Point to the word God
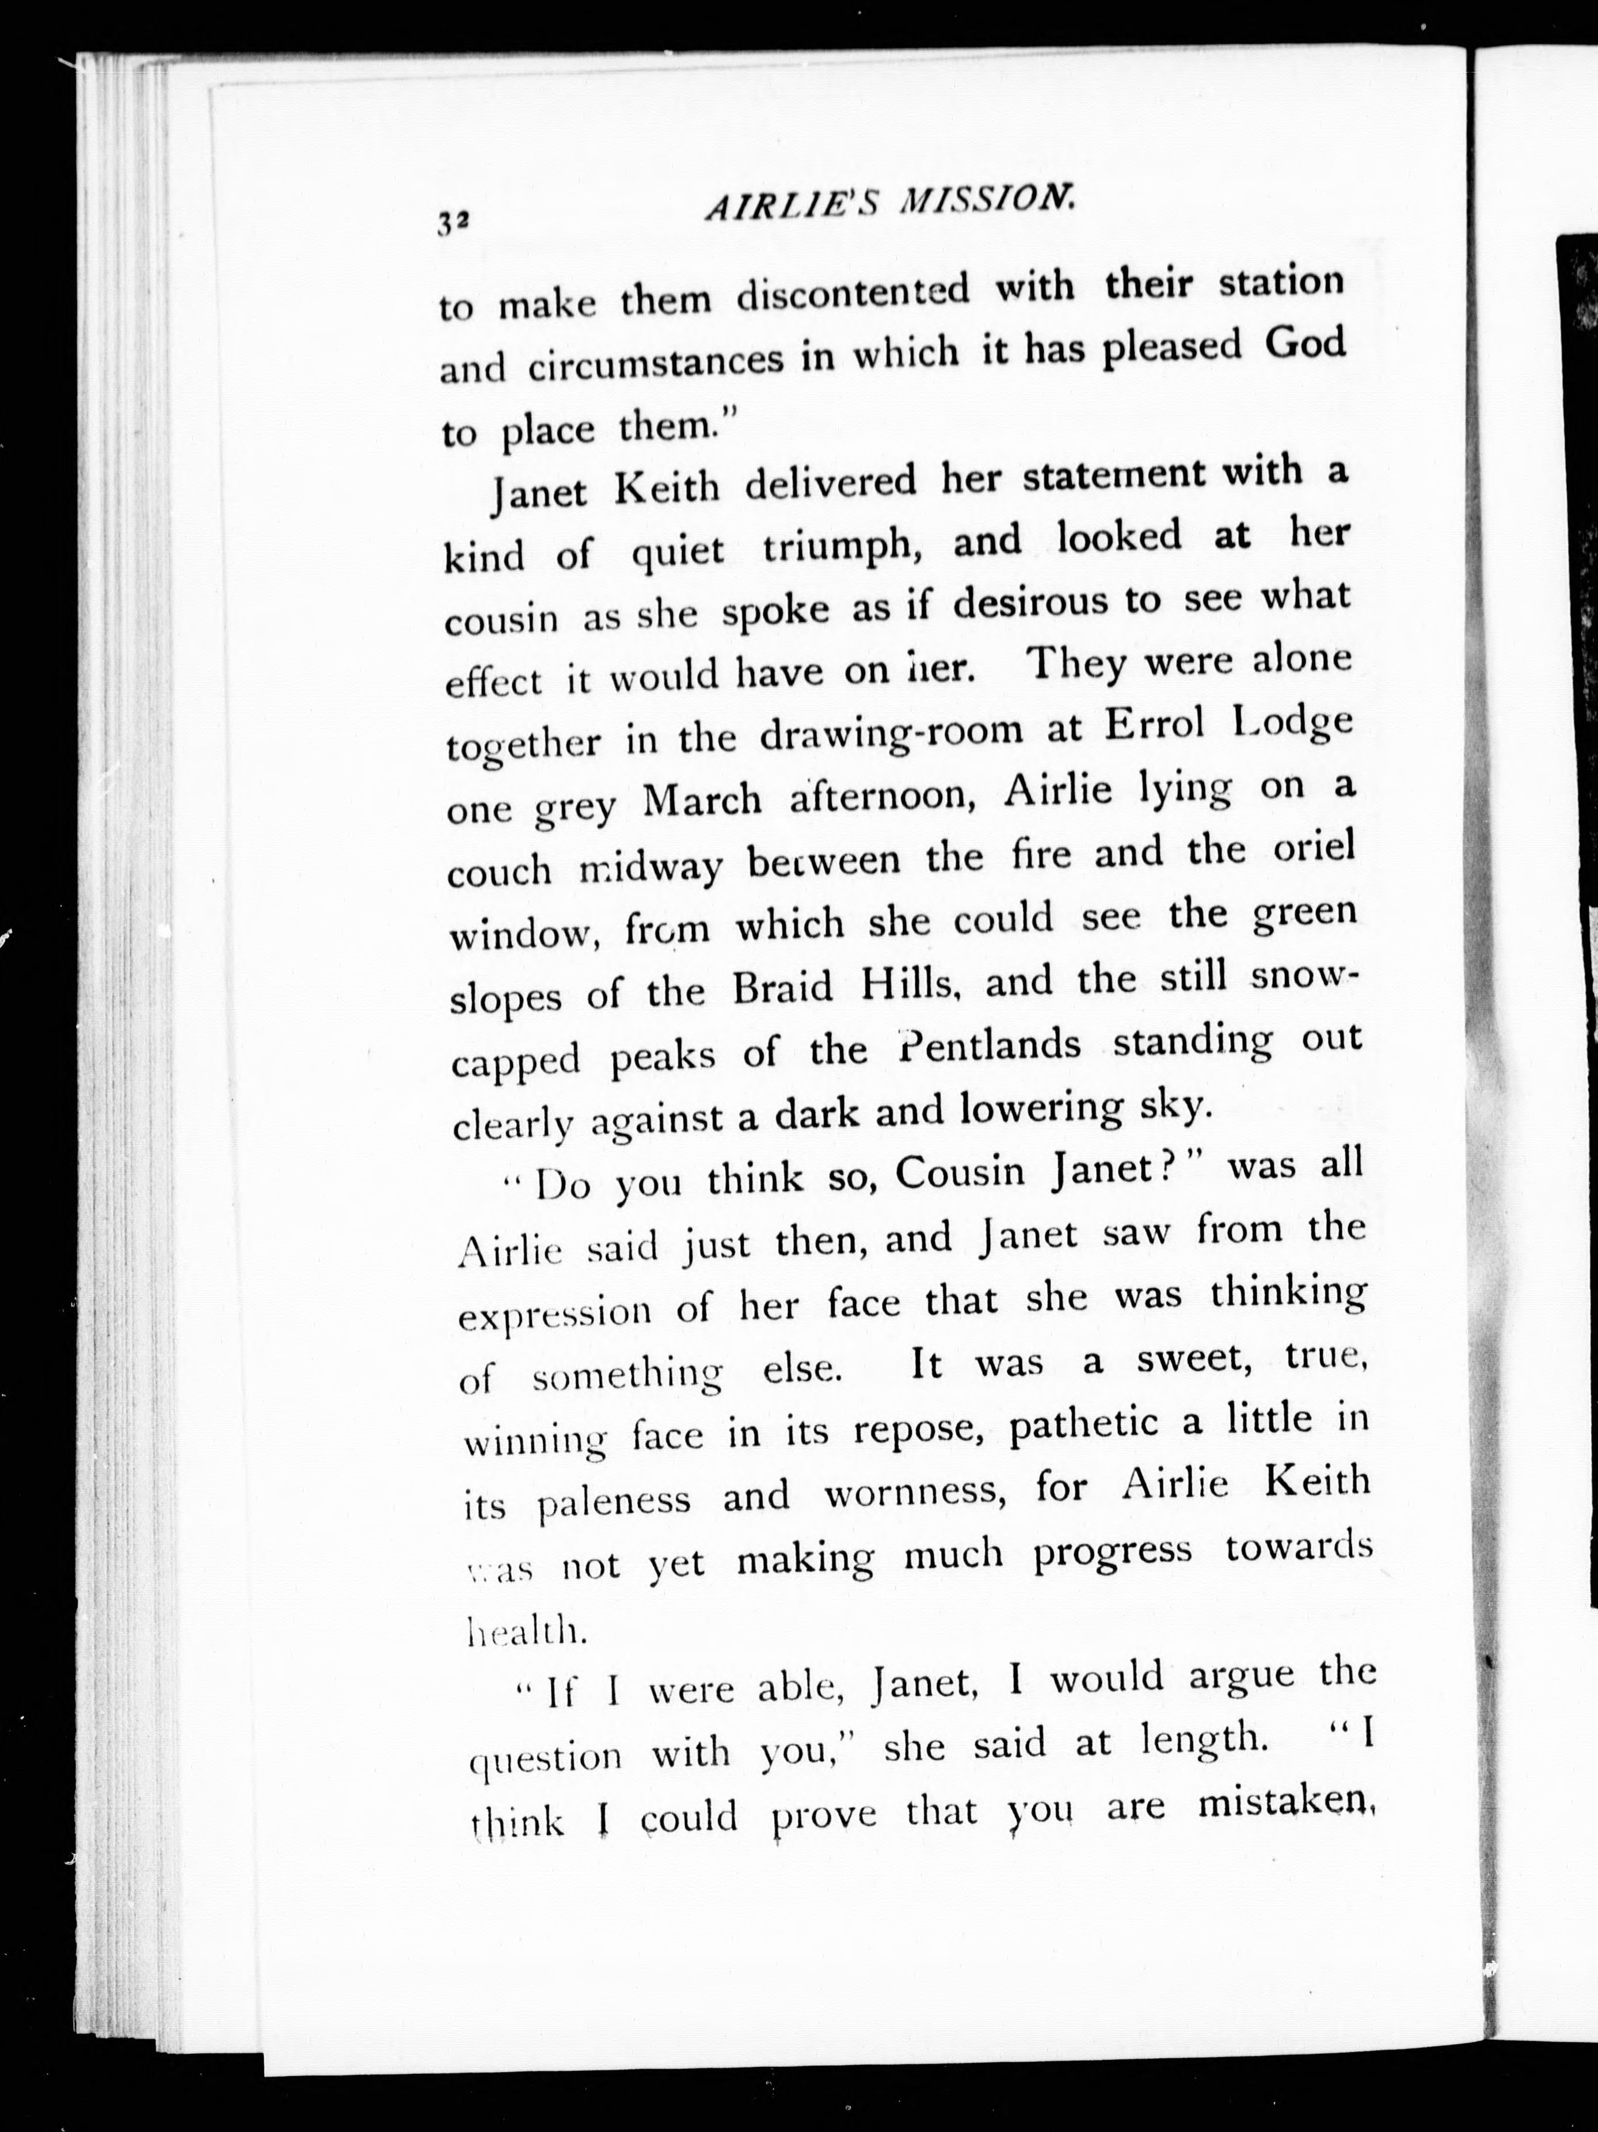[x=1304, y=345]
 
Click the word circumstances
[x=656, y=361]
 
